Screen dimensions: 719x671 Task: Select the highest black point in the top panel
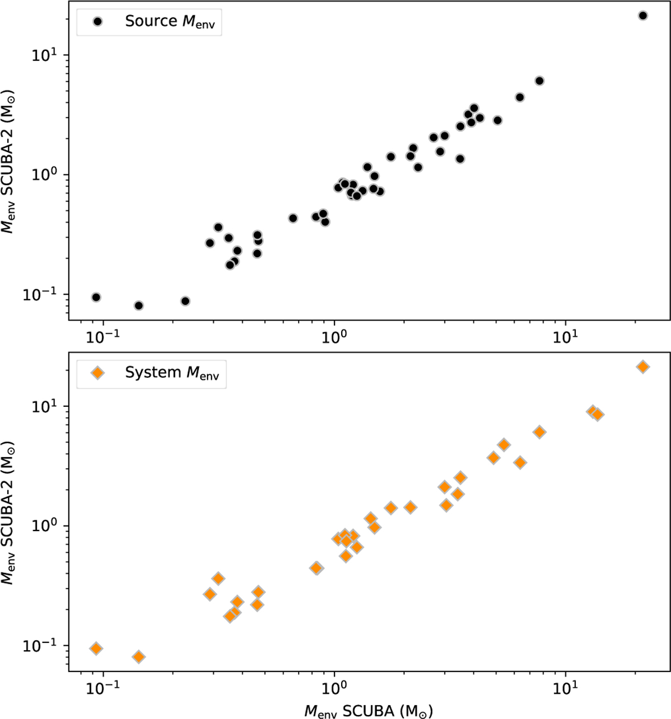(642, 16)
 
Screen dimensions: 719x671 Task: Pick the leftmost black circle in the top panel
(96, 297)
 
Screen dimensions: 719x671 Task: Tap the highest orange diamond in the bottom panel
(643, 367)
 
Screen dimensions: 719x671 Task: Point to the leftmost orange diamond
(96, 648)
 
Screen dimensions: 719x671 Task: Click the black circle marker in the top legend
(97, 22)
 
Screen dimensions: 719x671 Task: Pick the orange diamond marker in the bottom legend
(97, 373)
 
